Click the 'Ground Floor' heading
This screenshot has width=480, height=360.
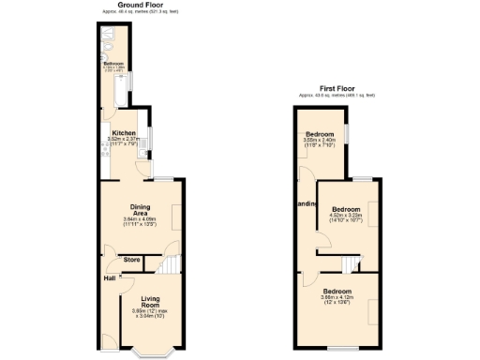(x=136, y=5)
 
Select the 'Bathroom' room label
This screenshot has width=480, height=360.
(x=113, y=64)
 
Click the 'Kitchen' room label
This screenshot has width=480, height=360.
(x=124, y=133)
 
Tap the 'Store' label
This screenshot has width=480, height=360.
(x=132, y=259)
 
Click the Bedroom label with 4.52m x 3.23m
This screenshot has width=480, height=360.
(x=346, y=208)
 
